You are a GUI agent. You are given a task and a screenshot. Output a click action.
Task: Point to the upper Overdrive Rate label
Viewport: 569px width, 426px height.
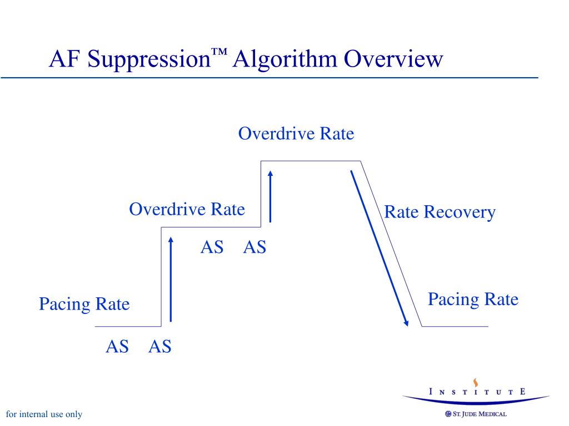coord(296,134)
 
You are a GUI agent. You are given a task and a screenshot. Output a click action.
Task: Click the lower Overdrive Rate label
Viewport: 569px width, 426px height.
coord(187,209)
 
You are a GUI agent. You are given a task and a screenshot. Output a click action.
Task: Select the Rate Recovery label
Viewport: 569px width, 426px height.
coord(440,212)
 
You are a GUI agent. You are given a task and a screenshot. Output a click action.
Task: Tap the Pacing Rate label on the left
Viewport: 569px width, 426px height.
coord(84,304)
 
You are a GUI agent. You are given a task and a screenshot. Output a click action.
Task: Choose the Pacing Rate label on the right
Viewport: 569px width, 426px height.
coord(473,300)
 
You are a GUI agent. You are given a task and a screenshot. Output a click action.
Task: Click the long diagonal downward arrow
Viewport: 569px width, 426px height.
coord(379,247)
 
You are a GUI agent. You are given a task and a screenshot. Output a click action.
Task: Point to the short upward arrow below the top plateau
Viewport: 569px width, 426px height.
coord(270,196)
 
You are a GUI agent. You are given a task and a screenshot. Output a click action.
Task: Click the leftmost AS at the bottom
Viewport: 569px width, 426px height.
coord(117,347)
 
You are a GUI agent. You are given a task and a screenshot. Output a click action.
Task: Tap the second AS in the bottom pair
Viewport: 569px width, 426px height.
coord(160,347)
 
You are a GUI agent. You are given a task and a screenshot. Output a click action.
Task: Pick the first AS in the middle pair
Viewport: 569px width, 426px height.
coord(212,247)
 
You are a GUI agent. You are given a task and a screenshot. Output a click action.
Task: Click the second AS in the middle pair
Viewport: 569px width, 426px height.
coord(254,247)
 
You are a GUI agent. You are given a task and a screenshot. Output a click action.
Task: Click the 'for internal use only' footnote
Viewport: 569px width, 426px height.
coord(43,414)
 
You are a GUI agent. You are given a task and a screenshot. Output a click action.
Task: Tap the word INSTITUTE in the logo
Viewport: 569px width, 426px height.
coord(477,392)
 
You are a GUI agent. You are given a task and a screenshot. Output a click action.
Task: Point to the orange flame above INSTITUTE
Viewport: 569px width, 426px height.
coord(476,382)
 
